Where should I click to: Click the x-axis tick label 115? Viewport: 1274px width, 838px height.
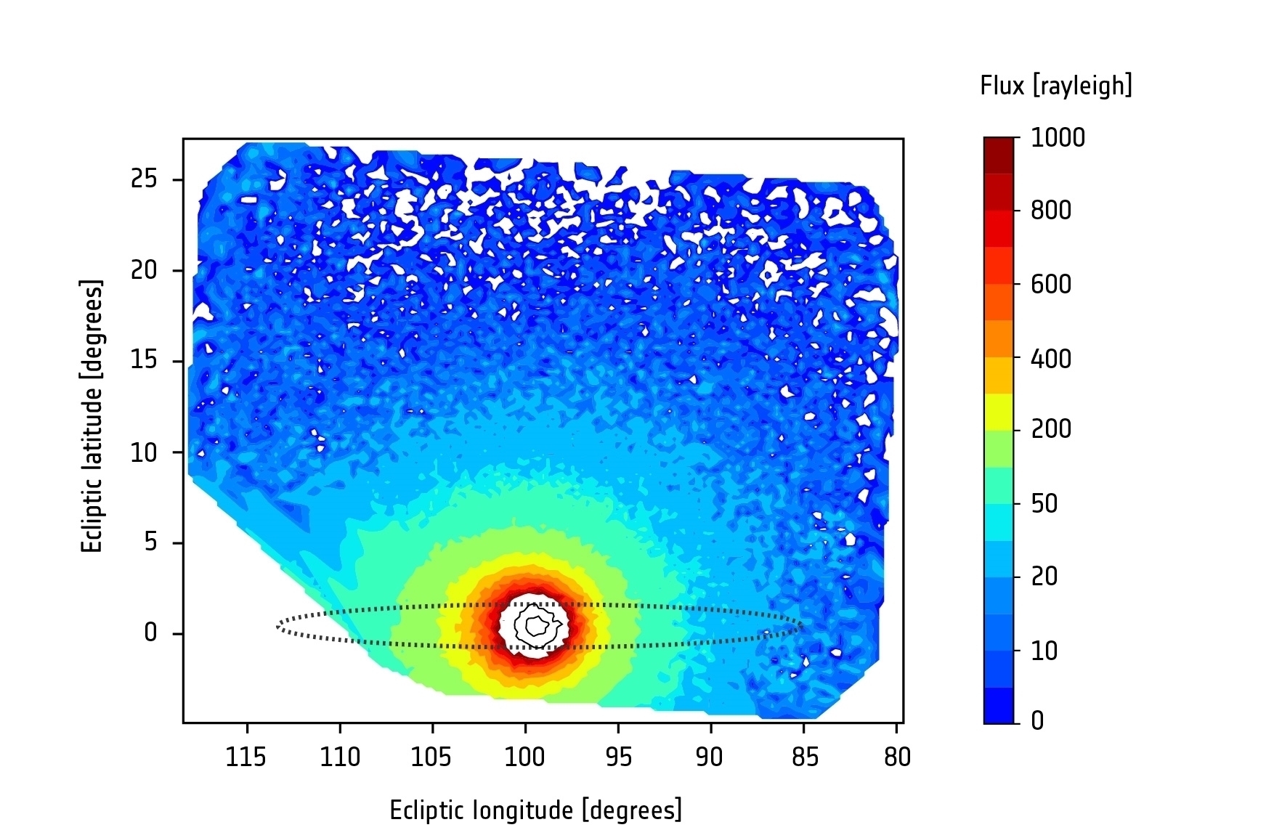[246, 757]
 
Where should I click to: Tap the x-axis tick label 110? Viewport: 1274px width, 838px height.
[340, 757]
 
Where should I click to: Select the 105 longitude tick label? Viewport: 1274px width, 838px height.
[431, 757]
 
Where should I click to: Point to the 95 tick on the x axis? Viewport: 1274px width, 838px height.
[618, 757]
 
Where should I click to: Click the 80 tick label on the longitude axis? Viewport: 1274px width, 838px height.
[897, 757]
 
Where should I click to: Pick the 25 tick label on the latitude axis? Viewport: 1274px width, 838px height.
[144, 179]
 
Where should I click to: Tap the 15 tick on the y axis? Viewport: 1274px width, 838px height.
[144, 361]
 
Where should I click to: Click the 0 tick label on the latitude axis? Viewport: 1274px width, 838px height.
[150, 633]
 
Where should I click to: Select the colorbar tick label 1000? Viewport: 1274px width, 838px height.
[1058, 138]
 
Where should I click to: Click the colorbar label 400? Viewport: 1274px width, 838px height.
[1051, 359]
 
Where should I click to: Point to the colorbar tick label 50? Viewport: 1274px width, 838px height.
[1044, 504]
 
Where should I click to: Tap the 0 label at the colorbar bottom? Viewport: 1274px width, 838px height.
[1037, 721]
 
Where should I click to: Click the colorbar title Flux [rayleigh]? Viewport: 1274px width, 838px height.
[1056, 86]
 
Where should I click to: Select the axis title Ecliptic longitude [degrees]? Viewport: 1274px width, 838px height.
[536, 810]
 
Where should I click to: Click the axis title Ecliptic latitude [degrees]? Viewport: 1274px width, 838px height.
[92, 417]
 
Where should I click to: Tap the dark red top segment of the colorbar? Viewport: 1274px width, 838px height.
[998, 155]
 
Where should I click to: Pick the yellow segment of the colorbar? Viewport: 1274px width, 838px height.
[998, 412]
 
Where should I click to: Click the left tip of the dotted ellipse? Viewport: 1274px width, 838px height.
[278, 626]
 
